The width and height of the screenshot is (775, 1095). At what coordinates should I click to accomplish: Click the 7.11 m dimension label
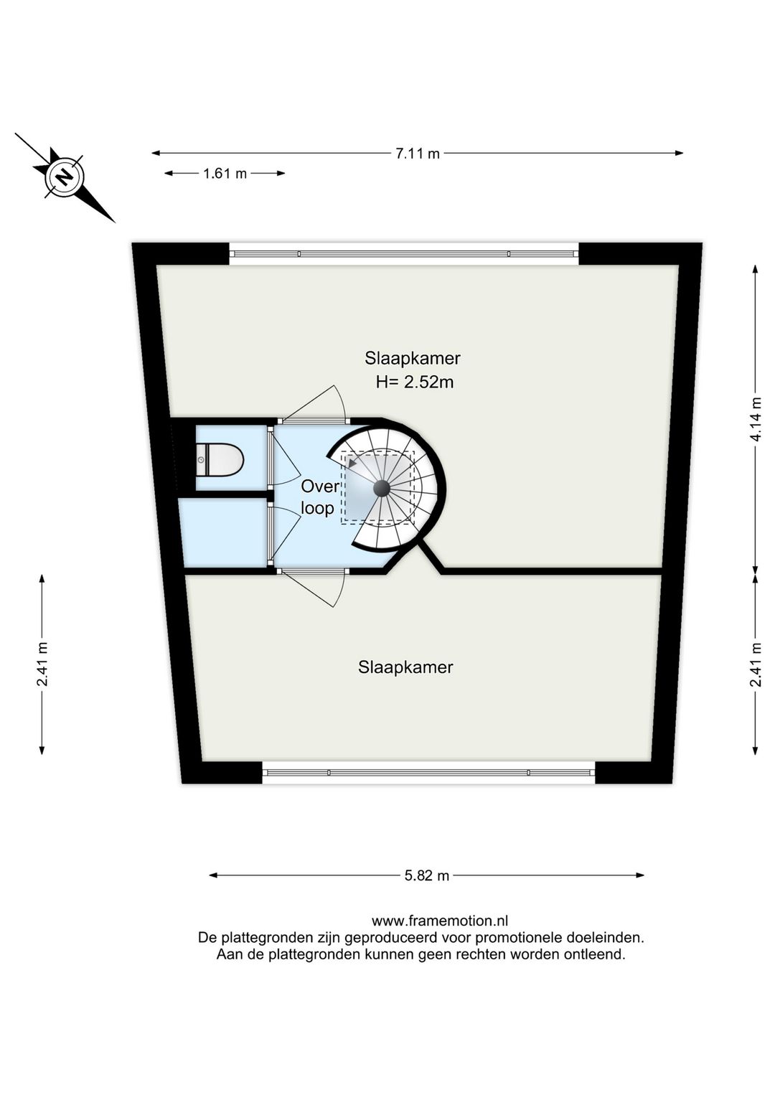coord(417,153)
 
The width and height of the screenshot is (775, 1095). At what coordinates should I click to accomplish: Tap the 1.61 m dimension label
coord(225,173)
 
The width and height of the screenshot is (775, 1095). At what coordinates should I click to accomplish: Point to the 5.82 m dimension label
coord(427,875)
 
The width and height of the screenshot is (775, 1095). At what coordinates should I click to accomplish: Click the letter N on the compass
coord(65,176)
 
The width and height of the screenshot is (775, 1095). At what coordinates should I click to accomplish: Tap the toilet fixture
coord(220,459)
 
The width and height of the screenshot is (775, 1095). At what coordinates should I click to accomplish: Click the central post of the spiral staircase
coord(381,488)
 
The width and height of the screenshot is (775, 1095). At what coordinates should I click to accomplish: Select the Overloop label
coord(318,497)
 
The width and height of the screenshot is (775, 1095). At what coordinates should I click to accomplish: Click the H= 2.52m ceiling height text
coord(415,382)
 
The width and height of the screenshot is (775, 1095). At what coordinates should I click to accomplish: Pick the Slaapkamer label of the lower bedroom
coord(405,667)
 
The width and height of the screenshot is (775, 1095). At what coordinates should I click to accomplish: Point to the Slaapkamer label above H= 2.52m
coord(413,358)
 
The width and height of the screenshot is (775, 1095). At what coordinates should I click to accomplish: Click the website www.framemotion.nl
coord(439,921)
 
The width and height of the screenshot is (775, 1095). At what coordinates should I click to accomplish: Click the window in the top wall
coord(404,253)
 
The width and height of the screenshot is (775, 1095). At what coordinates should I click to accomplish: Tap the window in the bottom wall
coord(428,773)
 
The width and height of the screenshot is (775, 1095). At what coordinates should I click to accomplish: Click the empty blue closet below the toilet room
coord(224,532)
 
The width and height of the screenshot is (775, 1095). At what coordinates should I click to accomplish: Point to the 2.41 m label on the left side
coord(42,664)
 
